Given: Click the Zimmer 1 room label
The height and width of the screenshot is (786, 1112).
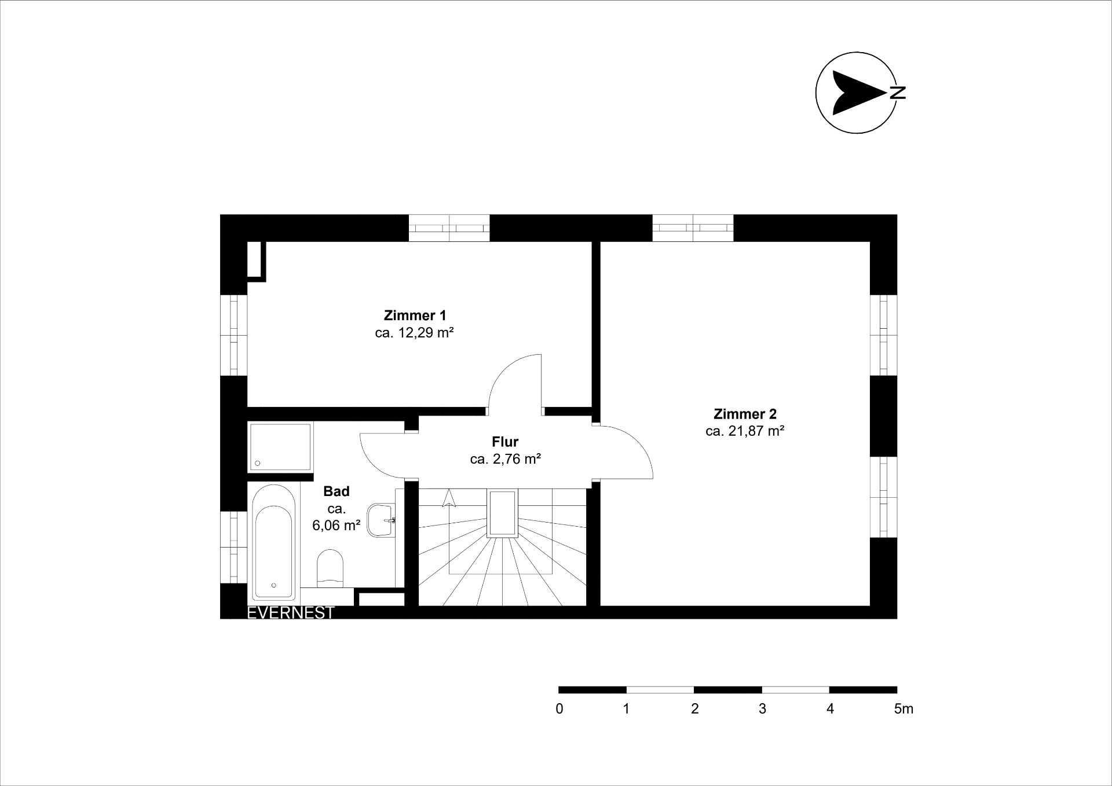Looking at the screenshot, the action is click(x=415, y=315).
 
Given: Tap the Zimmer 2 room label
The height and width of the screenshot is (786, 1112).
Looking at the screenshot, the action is click(x=745, y=414).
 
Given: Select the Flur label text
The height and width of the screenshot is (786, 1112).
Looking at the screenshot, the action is click(x=505, y=442).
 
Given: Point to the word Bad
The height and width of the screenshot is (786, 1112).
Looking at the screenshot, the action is click(x=336, y=491).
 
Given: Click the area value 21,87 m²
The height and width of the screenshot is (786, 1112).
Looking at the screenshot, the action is click(x=755, y=431).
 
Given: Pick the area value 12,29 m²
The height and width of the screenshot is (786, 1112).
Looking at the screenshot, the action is click(x=425, y=333).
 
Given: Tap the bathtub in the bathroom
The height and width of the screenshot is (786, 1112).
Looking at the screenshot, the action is click(x=274, y=542).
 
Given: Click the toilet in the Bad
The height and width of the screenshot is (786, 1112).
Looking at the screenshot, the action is click(x=331, y=567).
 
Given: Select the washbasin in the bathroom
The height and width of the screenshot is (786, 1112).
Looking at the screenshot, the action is click(x=381, y=520).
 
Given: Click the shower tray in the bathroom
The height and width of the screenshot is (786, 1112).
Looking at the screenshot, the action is click(x=281, y=447).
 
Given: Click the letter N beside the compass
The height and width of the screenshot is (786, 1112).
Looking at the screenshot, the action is click(x=898, y=93).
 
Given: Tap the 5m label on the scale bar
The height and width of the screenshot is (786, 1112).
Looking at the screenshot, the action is click(x=904, y=709).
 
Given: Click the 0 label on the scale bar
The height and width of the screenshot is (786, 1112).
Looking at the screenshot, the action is click(x=559, y=709).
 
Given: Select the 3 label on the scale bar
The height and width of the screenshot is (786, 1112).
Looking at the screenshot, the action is click(x=762, y=709).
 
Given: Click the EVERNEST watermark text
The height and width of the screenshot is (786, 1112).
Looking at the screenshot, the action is click(x=291, y=613).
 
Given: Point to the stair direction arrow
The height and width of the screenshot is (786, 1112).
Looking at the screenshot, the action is click(x=449, y=498).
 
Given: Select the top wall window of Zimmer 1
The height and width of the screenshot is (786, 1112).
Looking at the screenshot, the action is click(x=449, y=228).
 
